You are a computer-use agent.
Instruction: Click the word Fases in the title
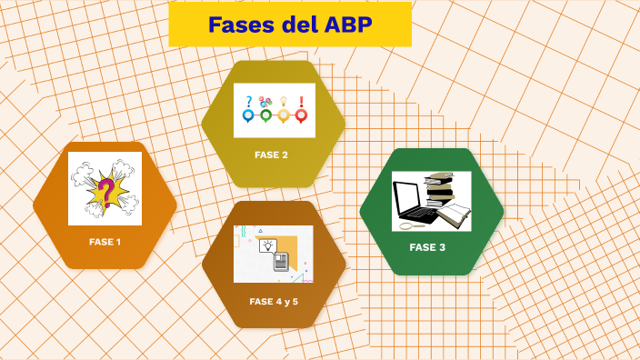tap(239, 25)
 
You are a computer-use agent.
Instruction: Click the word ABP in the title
tap(348, 25)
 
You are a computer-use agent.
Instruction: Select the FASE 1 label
tap(105, 242)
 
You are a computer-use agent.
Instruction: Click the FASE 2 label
tap(271, 155)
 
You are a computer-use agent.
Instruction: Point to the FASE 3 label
tap(427, 247)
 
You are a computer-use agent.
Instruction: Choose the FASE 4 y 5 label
tap(274, 301)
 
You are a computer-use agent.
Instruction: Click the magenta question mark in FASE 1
tap(106, 192)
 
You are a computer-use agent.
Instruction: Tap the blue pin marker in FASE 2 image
tap(248, 115)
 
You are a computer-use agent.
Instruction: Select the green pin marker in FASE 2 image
tap(265, 115)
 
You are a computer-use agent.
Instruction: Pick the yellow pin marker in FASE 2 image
tap(284, 115)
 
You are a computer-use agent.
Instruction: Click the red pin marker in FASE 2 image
tap(301, 115)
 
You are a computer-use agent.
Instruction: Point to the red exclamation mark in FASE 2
tap(301, 101)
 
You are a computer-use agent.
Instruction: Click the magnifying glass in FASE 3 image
tap(407, 225)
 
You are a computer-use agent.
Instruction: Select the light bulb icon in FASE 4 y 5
tap(268, 245)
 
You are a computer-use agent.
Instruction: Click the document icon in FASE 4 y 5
tap(282, 262)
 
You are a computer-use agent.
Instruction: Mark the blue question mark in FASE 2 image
tap(248, 101)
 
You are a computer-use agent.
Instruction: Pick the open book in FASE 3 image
tap(457, 215)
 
